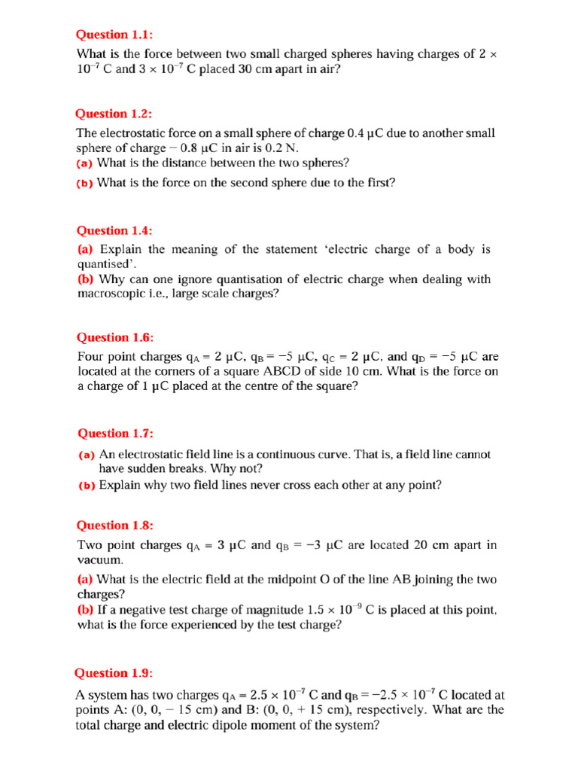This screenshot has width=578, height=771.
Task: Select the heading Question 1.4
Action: click(115, 230)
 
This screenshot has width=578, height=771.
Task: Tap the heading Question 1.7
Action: click(115, 433)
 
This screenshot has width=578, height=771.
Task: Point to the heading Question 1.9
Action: click(114, 673)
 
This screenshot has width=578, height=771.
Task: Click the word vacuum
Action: click(99, 561)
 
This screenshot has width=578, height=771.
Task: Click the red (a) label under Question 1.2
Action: click(86, 163)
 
